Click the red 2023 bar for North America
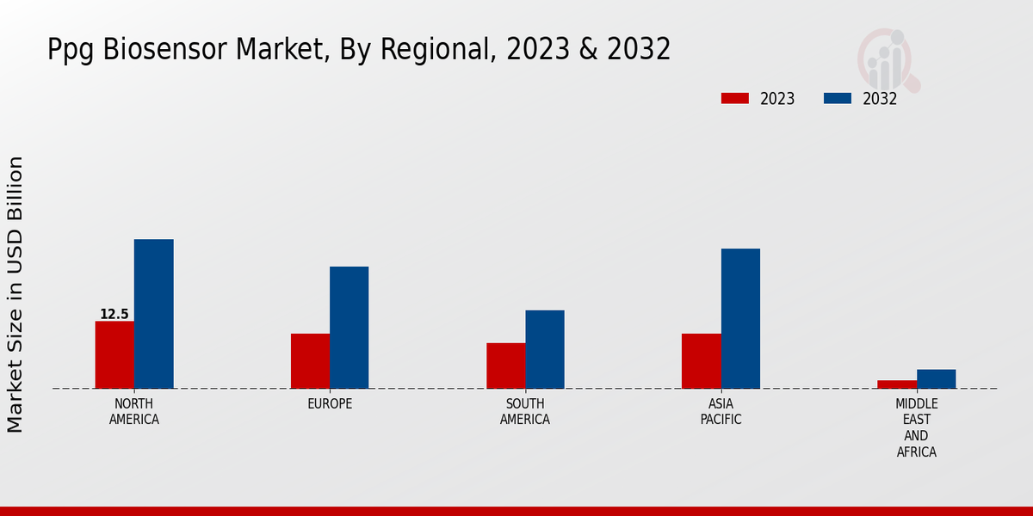(114, 354)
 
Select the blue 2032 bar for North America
(153, 314)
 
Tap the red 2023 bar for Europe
(310, 361)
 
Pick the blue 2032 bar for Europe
(349, 328)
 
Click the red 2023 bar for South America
(505, 365)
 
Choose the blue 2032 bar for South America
(545, 349)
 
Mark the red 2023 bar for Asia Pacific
(701, 361)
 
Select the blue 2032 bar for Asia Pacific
(740, 318)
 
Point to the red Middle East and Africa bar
(897, 384)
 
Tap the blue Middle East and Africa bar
(936, 379)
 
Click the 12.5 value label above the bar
(114, 315)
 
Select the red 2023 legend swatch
(735, 99)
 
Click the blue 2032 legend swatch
(837, 99)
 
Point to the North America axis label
(133, 412)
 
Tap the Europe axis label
(330, 404)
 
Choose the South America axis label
(525, 412)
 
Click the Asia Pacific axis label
(721, 412)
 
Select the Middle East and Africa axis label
(916, 428)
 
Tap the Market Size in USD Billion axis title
(15, 294)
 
